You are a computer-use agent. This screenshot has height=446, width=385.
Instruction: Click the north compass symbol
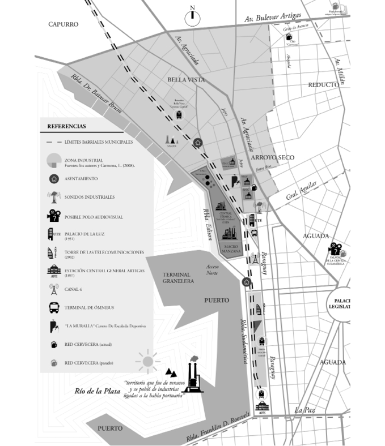click(x=193, y=15)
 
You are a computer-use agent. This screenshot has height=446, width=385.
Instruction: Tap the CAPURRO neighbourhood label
click(x=63, y=24)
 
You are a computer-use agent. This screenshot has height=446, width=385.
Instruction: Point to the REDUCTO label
click(x=323, y=84)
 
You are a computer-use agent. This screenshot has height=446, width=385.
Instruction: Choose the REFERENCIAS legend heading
click(x=66, y=126)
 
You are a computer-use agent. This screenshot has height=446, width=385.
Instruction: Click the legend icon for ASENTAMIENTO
click(x=53, y=179)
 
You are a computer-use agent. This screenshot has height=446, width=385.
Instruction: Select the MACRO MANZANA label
click(x=231, y=248)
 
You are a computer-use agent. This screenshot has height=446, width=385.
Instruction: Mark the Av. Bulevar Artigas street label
click(x=273, y=18)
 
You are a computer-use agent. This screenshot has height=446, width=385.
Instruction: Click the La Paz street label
click(x=305, y=410)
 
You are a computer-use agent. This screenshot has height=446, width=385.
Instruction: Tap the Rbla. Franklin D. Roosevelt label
click(x=217, y=427)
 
